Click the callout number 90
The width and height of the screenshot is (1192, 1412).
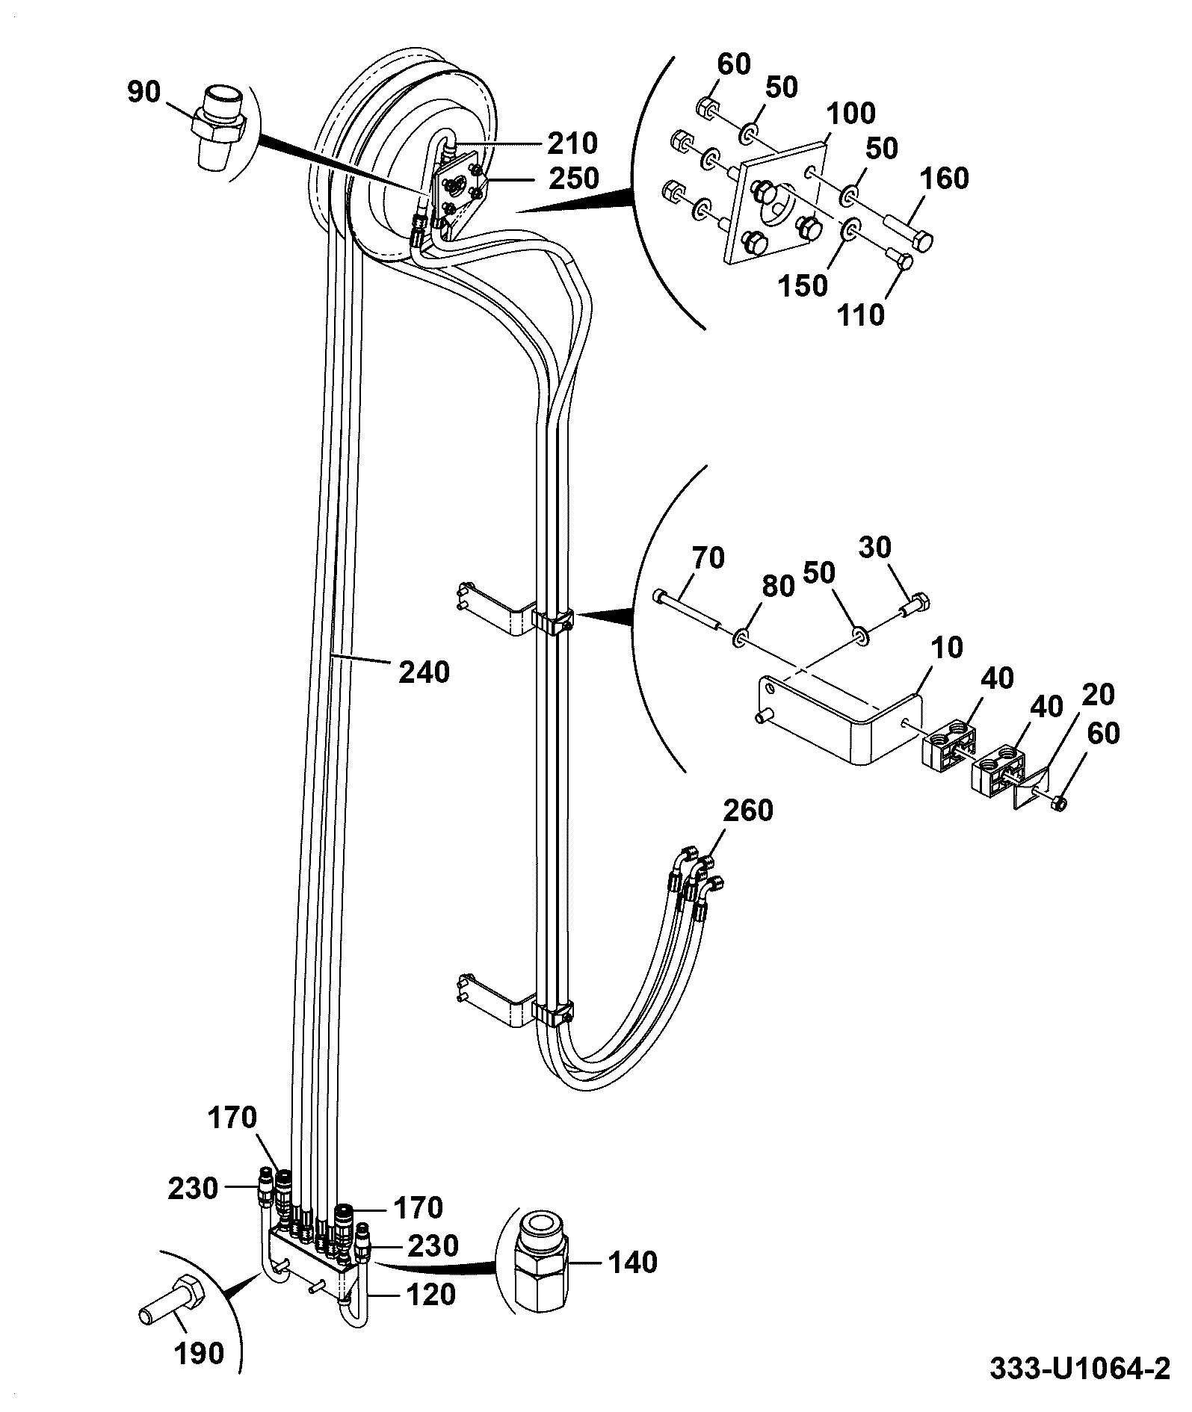tap(143, 93)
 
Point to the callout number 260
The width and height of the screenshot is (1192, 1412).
tap(748, 810)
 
